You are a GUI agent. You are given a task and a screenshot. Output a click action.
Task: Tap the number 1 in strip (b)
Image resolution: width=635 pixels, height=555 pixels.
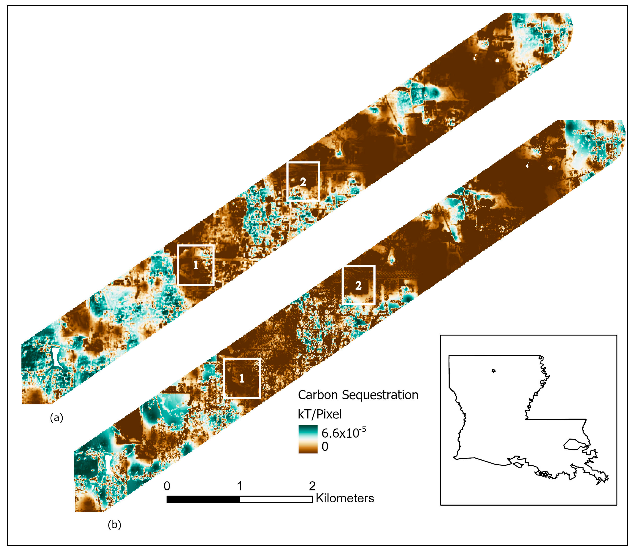242,378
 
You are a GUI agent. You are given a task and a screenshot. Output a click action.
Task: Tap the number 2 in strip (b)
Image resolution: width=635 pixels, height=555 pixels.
358,285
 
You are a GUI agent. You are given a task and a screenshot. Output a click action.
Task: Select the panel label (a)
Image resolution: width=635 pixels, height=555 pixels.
56,418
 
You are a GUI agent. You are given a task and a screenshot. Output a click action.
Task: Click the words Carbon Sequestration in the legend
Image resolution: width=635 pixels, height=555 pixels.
358,395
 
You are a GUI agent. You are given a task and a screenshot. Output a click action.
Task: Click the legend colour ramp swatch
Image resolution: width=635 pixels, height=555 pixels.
308,439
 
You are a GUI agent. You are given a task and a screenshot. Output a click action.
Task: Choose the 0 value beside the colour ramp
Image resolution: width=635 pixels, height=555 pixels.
325,447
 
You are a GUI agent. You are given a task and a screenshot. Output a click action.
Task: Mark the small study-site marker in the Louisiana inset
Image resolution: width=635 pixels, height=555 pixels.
493,371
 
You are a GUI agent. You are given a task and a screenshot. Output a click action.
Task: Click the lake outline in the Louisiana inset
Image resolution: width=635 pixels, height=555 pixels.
573,444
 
